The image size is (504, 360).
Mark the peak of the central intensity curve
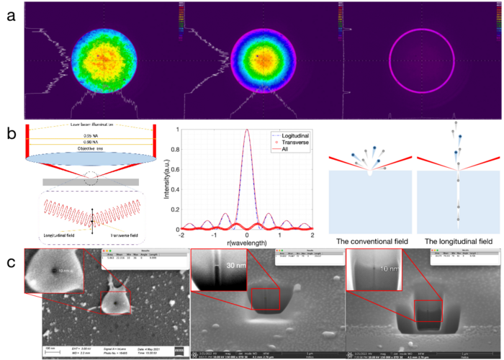[247, 130]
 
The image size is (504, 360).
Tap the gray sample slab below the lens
[90, 181]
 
